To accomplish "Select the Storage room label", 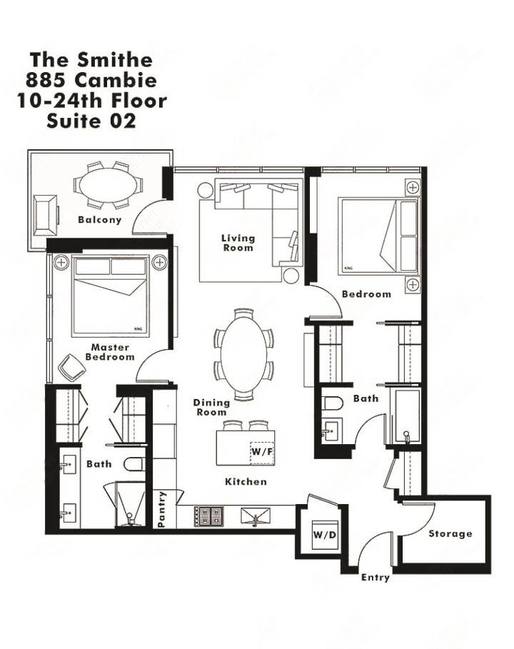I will [x=450, y=533].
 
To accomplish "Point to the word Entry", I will [x=376, y=577].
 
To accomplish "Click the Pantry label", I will [x=163, y=509].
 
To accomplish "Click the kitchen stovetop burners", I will [x=209, y=515].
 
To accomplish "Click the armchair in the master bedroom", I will [x=73, y=367].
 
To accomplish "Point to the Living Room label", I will [x=238, y=243].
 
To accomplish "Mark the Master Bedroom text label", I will [x=110, y=352].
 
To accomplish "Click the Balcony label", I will [x=100, y=220].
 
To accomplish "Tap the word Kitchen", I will [x=246, y=482].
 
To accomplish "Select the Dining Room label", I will [x=211, y=408].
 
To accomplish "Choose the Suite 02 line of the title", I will [x=91, y=121].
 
